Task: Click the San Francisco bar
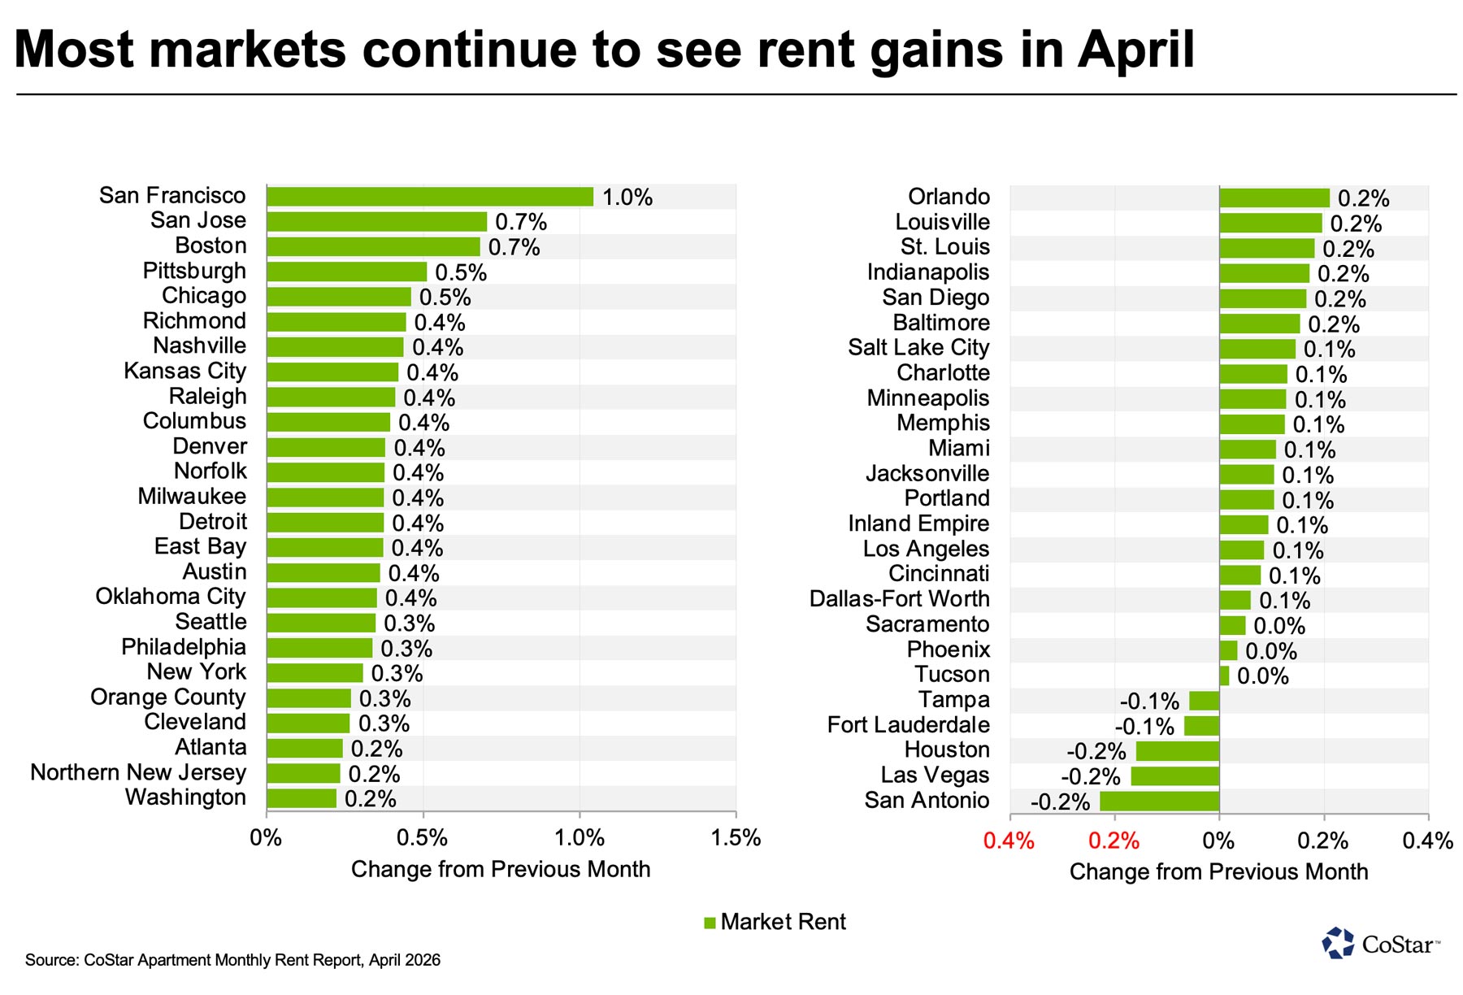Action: (429, 197)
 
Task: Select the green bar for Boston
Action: (373, 247)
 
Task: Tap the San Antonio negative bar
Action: (1159, 802)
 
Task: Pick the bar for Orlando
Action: (1274, 198)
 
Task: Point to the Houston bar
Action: (1177, 751)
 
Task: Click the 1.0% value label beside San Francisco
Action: (627, 198)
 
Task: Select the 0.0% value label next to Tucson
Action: (1262, 676)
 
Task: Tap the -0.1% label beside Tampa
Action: (1149, 702)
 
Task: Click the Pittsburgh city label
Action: (194, 271)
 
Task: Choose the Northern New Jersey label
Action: (138, 772)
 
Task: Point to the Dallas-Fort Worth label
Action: (899, 599)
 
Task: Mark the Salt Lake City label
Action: (918, 348)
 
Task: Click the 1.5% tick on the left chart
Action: (736, 838)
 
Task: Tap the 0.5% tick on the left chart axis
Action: (423, 838)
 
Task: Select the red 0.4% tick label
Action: (1009, 841)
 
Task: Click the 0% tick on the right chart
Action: (1218, 841)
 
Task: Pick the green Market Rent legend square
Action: (710, 923)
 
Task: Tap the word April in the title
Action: (1136, 50)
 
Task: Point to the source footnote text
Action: (232, 960)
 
